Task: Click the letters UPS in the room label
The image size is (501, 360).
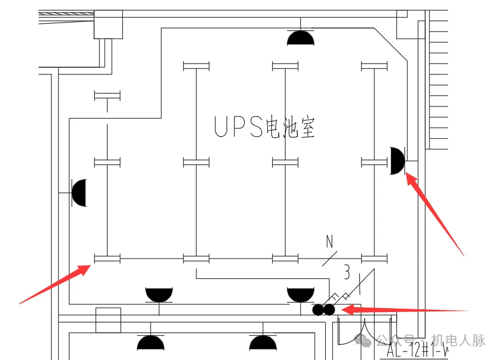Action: tap(238, 127)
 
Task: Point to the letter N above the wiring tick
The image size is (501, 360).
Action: tap(330, 241)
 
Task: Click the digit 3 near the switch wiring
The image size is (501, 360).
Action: tap(347, 272)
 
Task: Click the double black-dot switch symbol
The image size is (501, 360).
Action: tap(324, 310)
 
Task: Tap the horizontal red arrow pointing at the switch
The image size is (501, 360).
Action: tap(405, 310)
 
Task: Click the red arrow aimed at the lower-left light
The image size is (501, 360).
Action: tap(55, 283)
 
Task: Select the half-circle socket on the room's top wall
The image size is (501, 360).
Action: tap(300, 38)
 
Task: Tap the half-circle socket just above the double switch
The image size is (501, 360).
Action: tap(300, 294)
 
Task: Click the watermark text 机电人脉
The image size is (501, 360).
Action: tap(458, 340)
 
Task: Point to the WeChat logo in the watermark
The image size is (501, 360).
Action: tap(365, 340)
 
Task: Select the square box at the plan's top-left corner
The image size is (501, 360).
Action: tap(108, 24)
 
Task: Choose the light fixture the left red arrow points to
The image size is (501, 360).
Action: tap(107, 258)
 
